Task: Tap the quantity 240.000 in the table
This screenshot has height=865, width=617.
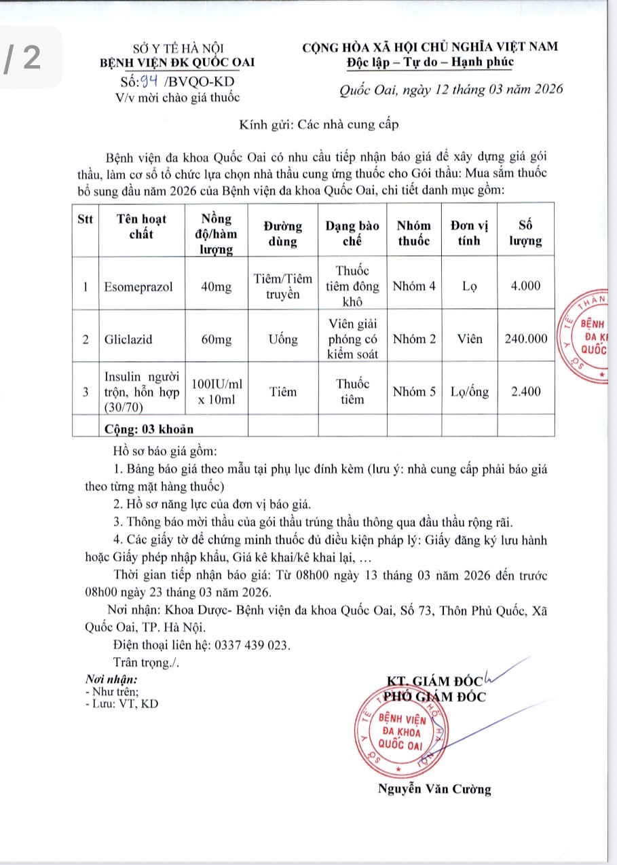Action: [x=525, y=339]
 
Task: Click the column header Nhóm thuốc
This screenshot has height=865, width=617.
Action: [x=413, y=233]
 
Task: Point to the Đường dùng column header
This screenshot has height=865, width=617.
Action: [x=283, y=233]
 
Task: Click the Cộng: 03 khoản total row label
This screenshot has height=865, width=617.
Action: [x=149, y=428]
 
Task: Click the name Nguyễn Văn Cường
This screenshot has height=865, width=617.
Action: [x=434, y=789]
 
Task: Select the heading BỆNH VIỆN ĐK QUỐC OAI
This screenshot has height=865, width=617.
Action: [x=177, y=62]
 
